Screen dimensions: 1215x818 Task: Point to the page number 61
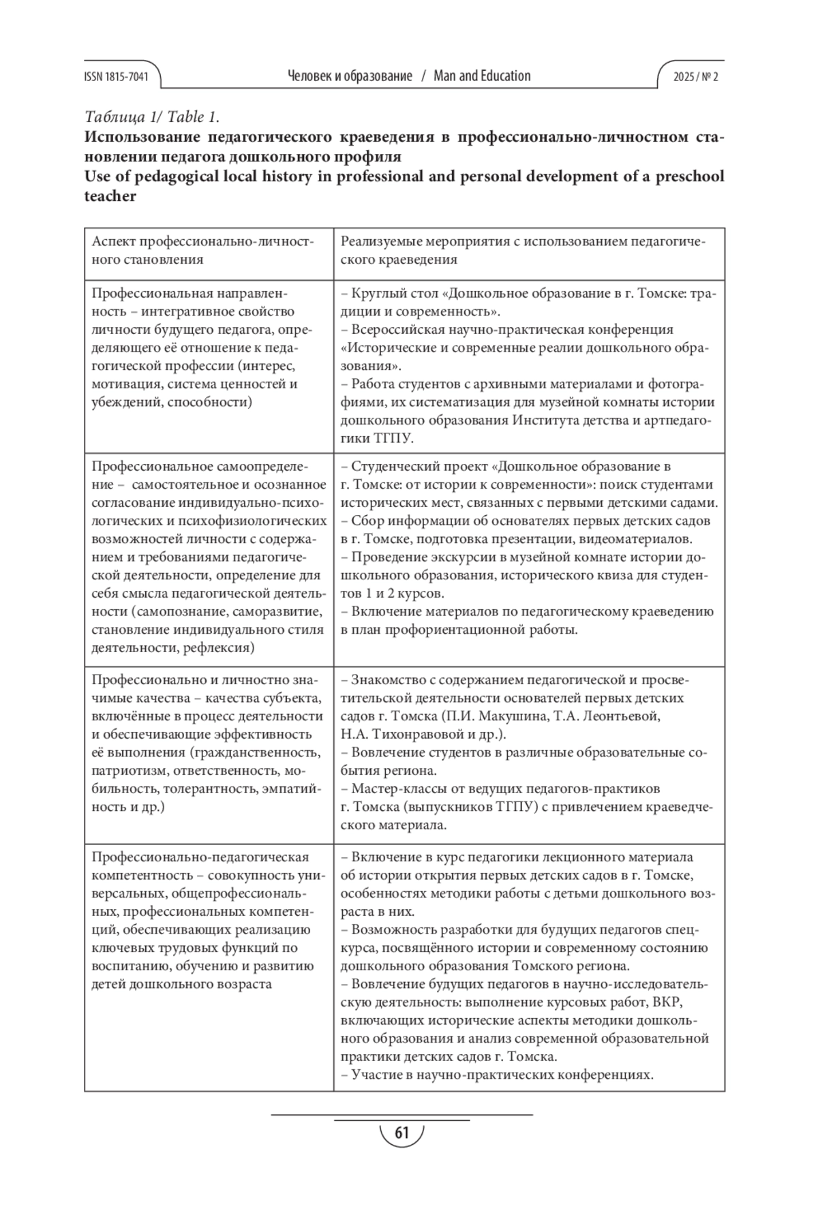pyautogui.click(x=402, y=1133)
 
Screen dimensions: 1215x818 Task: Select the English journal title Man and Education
pyautogui.click(x=482, y=76)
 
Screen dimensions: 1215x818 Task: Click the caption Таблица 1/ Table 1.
pyautogui.click(x=151, y=116)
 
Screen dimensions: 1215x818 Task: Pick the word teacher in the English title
pyautogui.click(x=110, y=196)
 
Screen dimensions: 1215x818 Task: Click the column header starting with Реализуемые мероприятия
pyautogui.click(x=522, y=250)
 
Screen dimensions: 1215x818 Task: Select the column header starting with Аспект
pyautogui.click(x=202, y=250)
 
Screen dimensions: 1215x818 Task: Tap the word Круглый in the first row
pyautogui.click(x=376, y=294)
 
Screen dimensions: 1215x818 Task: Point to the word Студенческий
pyautogui.click(x=395, y=467)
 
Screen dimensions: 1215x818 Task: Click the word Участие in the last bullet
pyautogui.click(x=374, y=1075)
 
